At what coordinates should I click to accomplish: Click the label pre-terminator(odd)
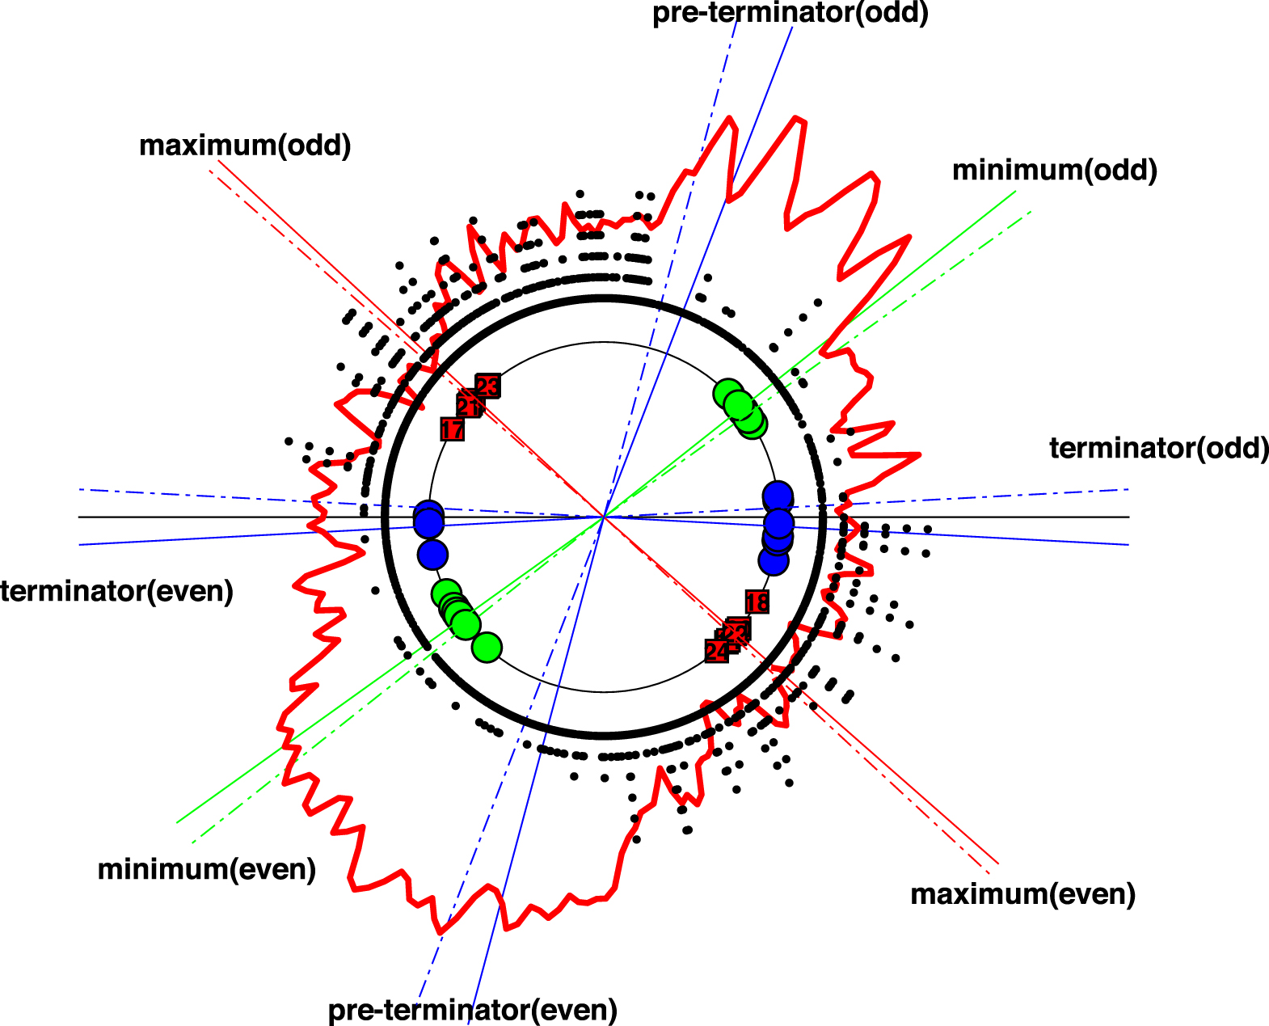790,13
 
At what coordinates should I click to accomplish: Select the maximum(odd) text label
245,146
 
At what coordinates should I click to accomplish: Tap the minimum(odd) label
1054,171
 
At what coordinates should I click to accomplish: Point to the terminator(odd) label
1158,448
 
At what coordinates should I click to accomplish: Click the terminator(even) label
117,591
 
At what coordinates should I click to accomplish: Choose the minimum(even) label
206,869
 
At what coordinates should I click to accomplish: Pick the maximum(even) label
1022,894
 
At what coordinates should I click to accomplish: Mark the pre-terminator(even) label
472,1010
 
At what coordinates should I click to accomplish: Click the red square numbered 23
487,386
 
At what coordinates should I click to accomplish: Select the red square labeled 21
469,405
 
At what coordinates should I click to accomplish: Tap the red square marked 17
453,429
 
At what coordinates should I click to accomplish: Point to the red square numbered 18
757,602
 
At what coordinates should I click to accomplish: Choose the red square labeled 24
716,651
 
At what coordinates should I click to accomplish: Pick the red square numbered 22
737,629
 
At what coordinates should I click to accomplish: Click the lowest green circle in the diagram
487,648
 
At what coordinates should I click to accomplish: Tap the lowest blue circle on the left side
432,555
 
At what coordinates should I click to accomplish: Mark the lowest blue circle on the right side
774,559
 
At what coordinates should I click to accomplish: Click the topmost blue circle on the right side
778,495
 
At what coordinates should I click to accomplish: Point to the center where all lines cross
604,517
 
